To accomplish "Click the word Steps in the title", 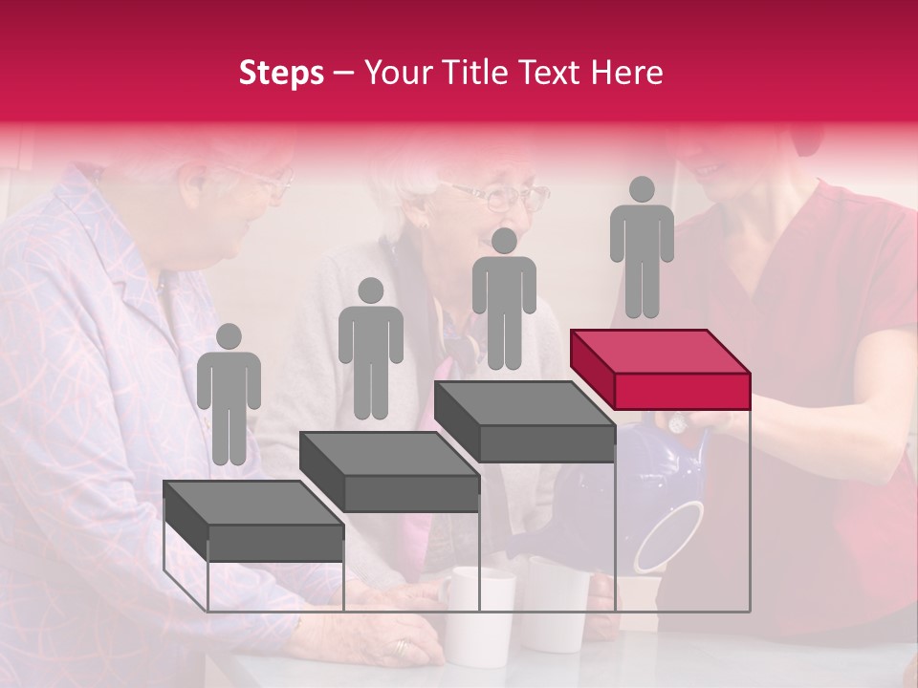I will click(281, 74).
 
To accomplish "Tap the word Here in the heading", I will click(625, 73).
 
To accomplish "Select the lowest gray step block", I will click(254, 522).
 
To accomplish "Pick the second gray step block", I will click(390, 472).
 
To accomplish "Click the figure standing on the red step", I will click(642, 248).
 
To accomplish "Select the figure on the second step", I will click(370, 349).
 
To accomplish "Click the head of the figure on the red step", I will click(642, 190).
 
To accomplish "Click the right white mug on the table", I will click(557, 602).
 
